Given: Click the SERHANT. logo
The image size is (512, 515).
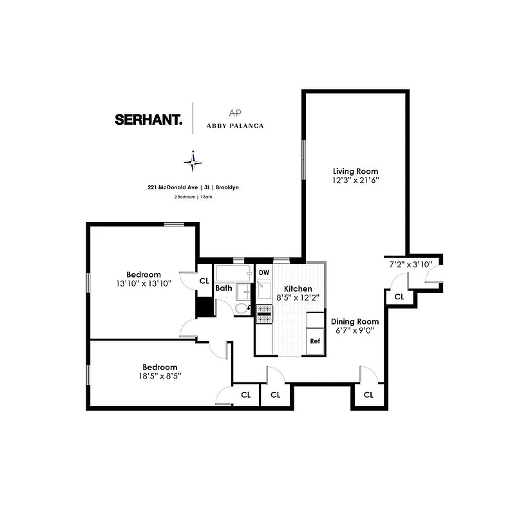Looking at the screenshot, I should coord(148,119).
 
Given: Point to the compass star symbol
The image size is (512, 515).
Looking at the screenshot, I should coord(193,161).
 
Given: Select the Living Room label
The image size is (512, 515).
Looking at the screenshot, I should coord(355,171).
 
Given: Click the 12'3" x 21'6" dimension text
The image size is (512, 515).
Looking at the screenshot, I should coord(355,180).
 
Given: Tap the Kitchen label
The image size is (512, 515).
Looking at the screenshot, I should coord(298,289).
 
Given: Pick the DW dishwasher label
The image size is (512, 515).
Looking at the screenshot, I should coord(263,273).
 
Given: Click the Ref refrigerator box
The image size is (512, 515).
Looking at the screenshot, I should coord(315,341).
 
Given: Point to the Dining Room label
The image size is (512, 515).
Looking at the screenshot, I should coord(354,321).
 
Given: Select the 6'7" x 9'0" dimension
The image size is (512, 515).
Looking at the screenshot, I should coord(354,330).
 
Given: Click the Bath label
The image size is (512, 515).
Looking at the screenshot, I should coord(223,288).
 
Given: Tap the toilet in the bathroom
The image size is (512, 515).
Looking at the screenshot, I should coord(242,309).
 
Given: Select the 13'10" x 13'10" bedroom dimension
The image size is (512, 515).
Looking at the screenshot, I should coord(143,283).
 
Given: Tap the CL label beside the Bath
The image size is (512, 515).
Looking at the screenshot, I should coord(204,281).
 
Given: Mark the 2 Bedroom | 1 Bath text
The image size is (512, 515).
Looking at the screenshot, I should coord(193,197).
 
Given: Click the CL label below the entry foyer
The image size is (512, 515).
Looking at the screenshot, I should coord(399,297).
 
